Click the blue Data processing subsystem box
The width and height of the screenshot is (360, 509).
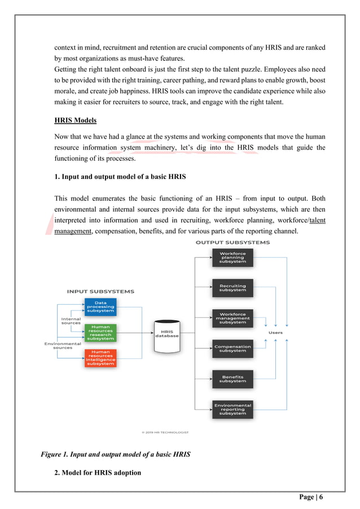coord(101,307)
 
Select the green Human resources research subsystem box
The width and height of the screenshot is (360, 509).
coord(101,333)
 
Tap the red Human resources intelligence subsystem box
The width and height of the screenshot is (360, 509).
coord(101,358)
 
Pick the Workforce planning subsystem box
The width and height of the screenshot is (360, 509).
coord(232,258)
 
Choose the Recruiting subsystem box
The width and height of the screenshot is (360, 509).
coord(232,288)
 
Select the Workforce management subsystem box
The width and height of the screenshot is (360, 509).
coord(232,318)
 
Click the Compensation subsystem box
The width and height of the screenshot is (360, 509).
coord(232,348)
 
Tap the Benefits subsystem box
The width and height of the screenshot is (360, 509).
coord(232,379)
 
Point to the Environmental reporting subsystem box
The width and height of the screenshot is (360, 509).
coord(232,409)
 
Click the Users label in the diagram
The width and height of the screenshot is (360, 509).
coord(275,333)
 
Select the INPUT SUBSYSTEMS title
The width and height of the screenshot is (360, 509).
coord(100,292)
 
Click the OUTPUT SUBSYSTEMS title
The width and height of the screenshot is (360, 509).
coord(232,243)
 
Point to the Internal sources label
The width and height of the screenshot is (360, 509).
coord(71,321)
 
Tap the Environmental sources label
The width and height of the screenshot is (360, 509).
coord(63,345)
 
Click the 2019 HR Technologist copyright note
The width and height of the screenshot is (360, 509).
coord(165,433)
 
